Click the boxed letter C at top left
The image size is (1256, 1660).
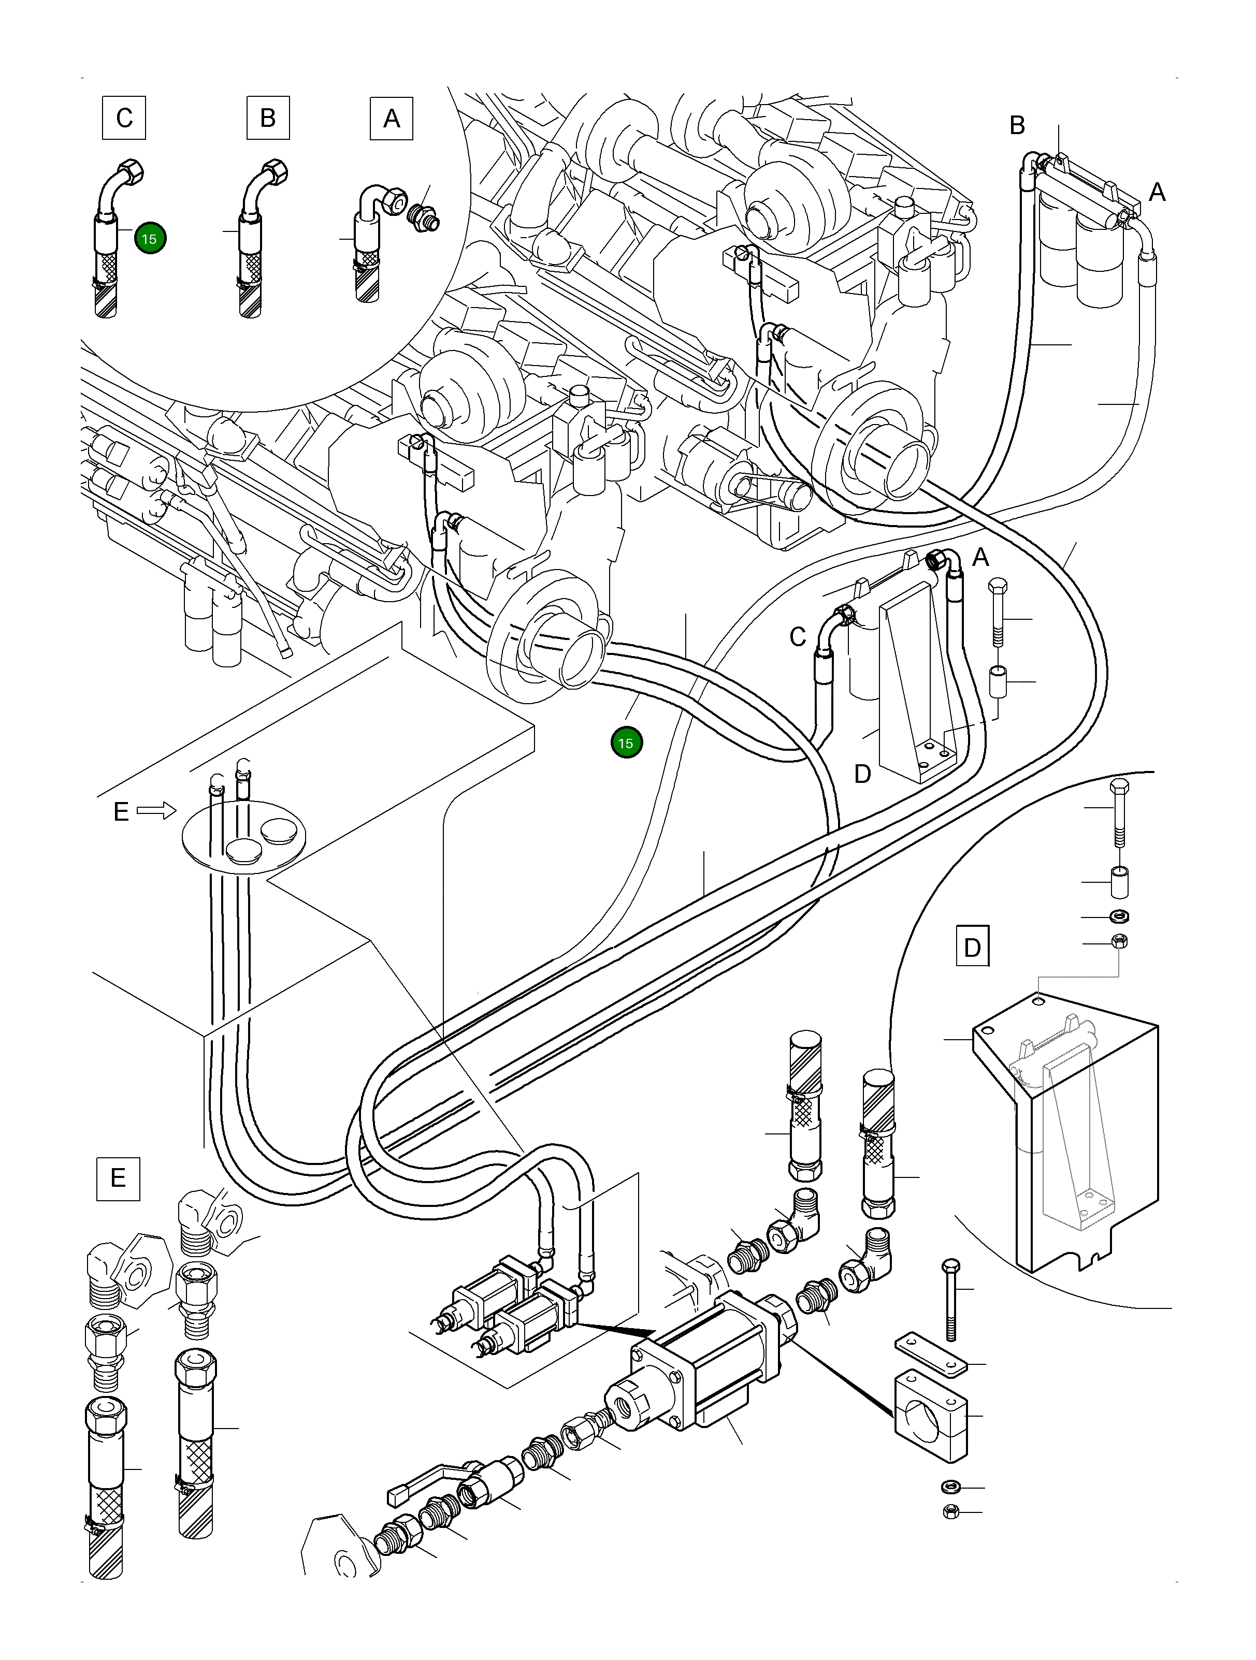(x=124, y=118)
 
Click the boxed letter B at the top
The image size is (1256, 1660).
(x=267, y=118)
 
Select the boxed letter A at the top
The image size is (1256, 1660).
(x=391, y=119)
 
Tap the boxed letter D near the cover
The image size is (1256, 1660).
(x=972, y=947)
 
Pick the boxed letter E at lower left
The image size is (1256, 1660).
(x=118, y=1178)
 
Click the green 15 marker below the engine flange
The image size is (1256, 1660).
(x=626, y=743)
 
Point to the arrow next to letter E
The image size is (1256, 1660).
(x=155, y=810)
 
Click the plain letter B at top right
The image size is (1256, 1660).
(x=1017, y=125)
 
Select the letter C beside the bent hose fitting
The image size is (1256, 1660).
(x=797, y=637)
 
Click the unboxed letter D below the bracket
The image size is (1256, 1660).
(x=862, y=774)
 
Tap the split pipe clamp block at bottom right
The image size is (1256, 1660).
(x=929, y=1415)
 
